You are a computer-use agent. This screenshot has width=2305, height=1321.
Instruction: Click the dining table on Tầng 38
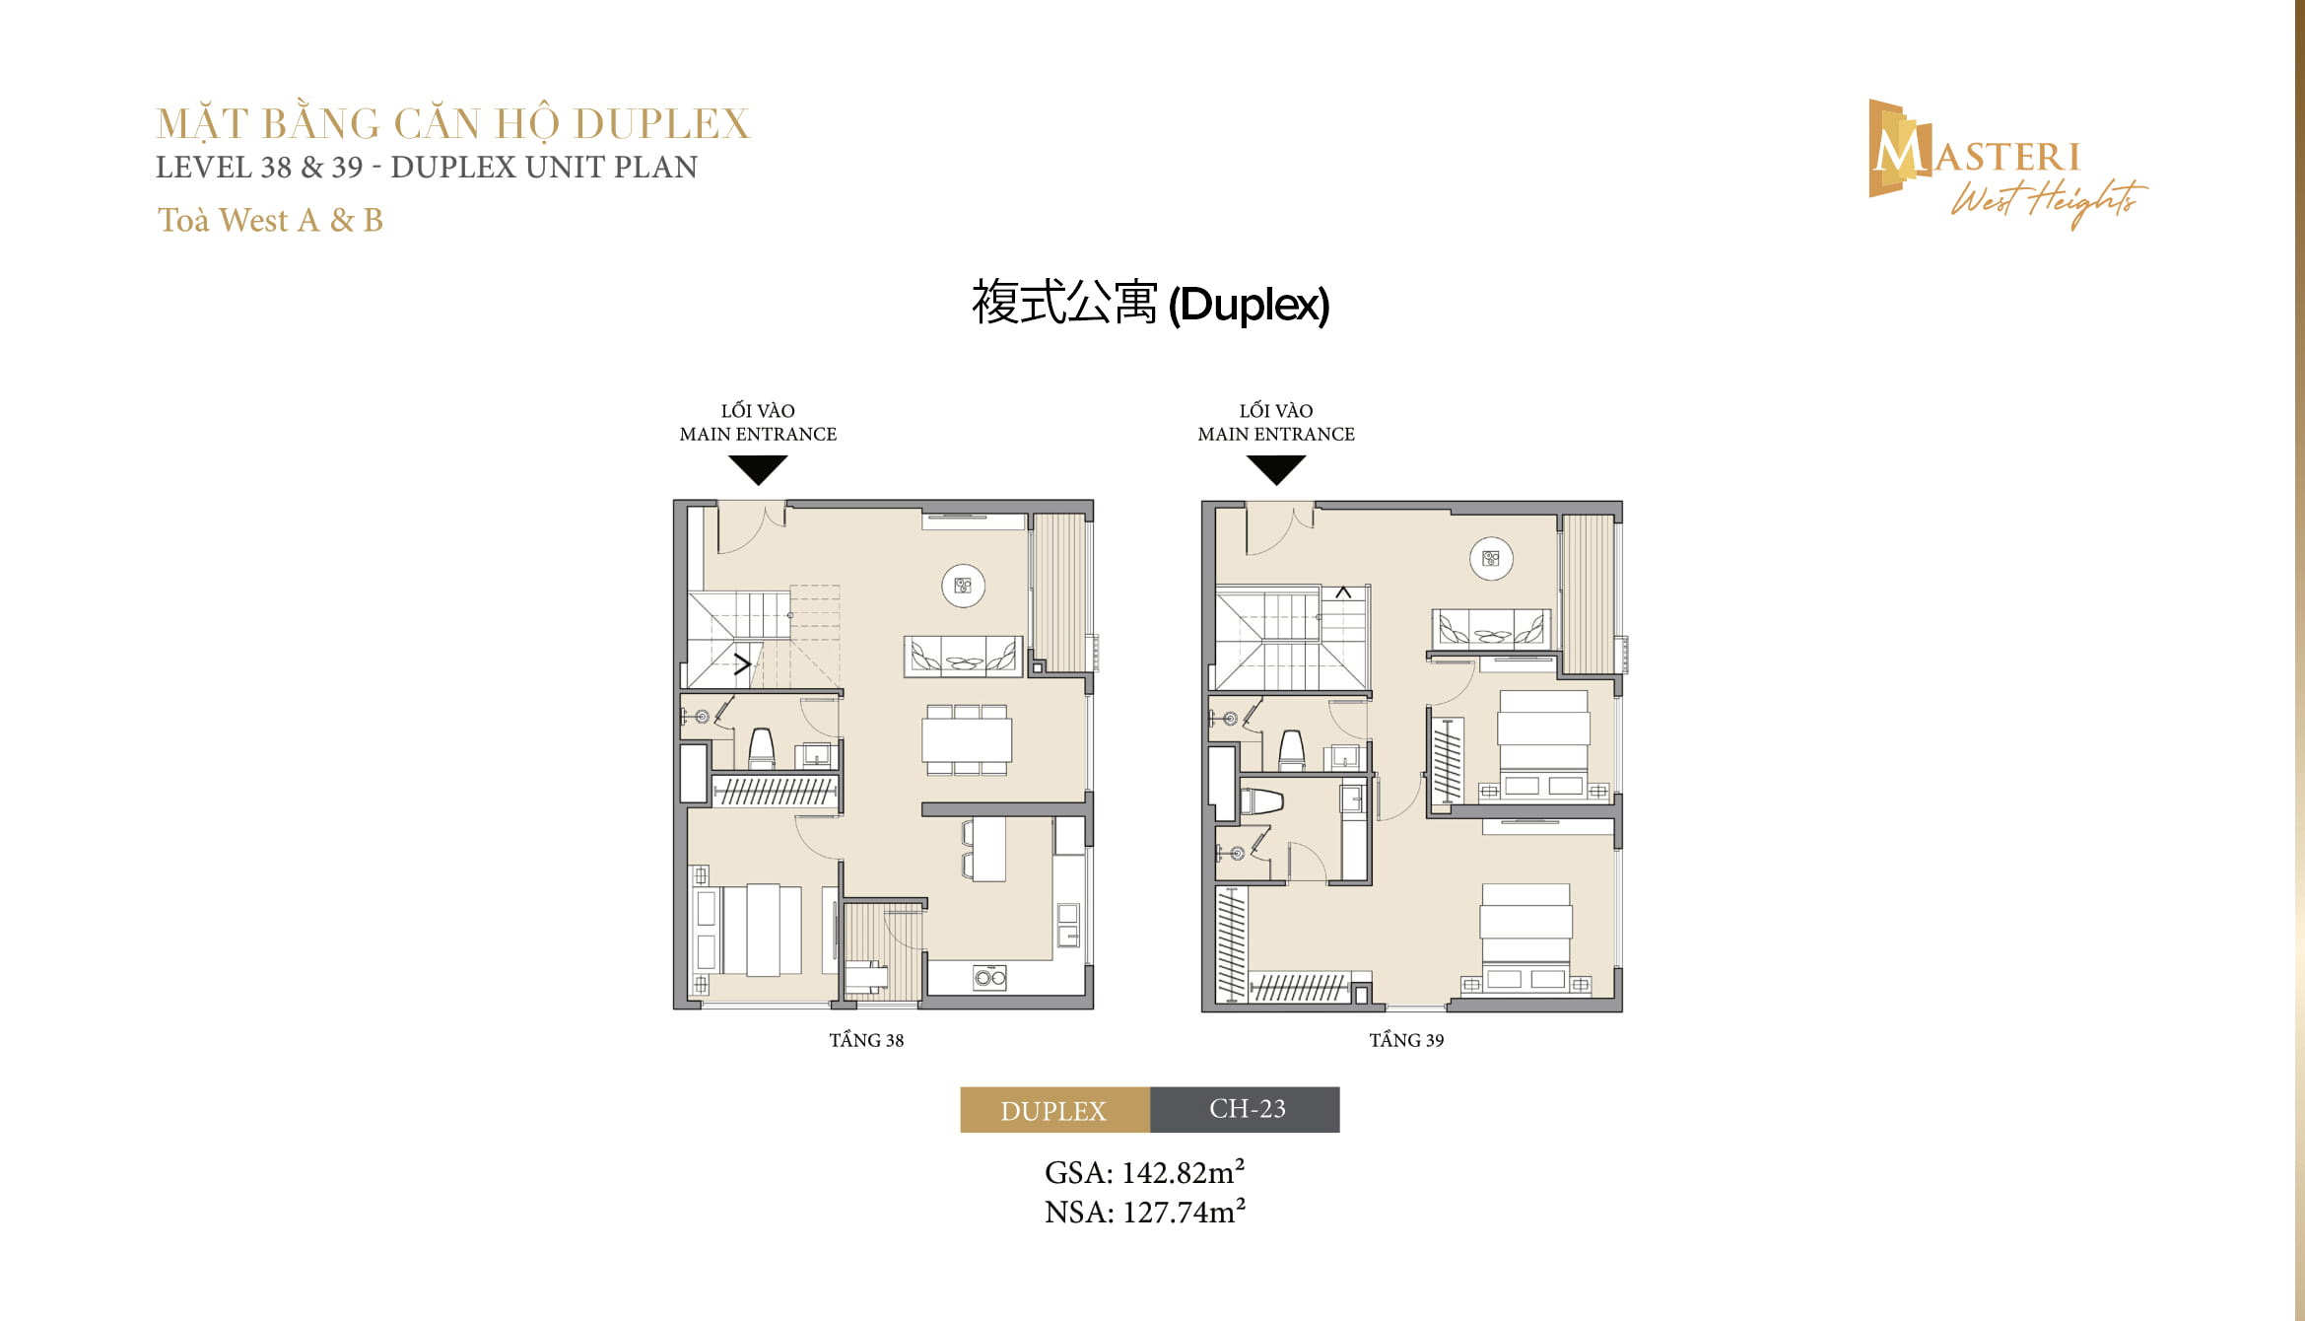(966, 739)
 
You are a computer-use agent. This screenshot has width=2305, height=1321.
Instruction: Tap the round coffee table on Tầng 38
(963, 586)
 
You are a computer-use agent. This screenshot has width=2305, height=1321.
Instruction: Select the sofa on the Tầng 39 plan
(1490, 628)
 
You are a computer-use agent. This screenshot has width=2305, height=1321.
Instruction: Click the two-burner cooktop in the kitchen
(989, 978)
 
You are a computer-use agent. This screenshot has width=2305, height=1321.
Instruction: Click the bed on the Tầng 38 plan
(760, 930)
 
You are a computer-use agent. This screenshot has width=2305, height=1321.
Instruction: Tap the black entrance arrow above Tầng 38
(758, 469)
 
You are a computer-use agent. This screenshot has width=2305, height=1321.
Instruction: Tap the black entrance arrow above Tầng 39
(1276, 469)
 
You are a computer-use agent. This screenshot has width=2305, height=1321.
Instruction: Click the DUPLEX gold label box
(1054, 1110)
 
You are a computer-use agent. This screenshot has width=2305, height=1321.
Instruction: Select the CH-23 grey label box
(1246, 1109)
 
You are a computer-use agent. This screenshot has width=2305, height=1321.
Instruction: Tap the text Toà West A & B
(270, 220)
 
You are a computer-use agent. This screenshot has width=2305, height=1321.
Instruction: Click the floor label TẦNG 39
(1406, 1040)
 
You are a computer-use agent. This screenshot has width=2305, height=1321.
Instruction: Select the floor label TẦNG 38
(866, 1040)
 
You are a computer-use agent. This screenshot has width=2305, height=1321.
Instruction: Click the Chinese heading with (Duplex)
(1150, 303)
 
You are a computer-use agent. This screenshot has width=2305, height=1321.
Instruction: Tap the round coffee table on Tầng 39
(1491, 559)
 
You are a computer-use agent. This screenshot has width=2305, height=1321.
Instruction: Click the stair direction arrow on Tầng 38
(743, 663)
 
